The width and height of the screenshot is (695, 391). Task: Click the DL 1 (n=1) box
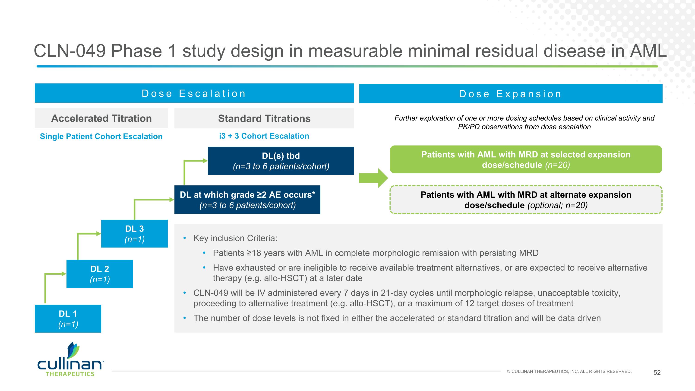coord(68,318)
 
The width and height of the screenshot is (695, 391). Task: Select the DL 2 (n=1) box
coord(100,274)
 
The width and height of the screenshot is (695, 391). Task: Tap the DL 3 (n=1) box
coord(134,233)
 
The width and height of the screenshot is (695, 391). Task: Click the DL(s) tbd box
coord(281,161)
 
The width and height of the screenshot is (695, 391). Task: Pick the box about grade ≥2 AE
coord(247,200)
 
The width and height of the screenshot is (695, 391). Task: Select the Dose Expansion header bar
coord(510,94)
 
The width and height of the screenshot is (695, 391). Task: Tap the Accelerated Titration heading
coord(101,118)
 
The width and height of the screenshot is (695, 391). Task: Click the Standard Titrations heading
coord(264,118)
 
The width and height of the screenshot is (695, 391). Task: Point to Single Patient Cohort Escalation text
coord(101,136)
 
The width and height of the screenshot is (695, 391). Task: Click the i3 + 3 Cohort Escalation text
coord(264,136)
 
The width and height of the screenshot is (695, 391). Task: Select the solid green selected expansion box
coord(526,159)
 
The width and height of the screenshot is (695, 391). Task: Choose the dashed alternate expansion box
coord(526,200)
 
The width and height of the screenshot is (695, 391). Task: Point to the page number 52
coord(657,372)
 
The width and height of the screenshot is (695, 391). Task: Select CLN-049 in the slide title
coord(69,51)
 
